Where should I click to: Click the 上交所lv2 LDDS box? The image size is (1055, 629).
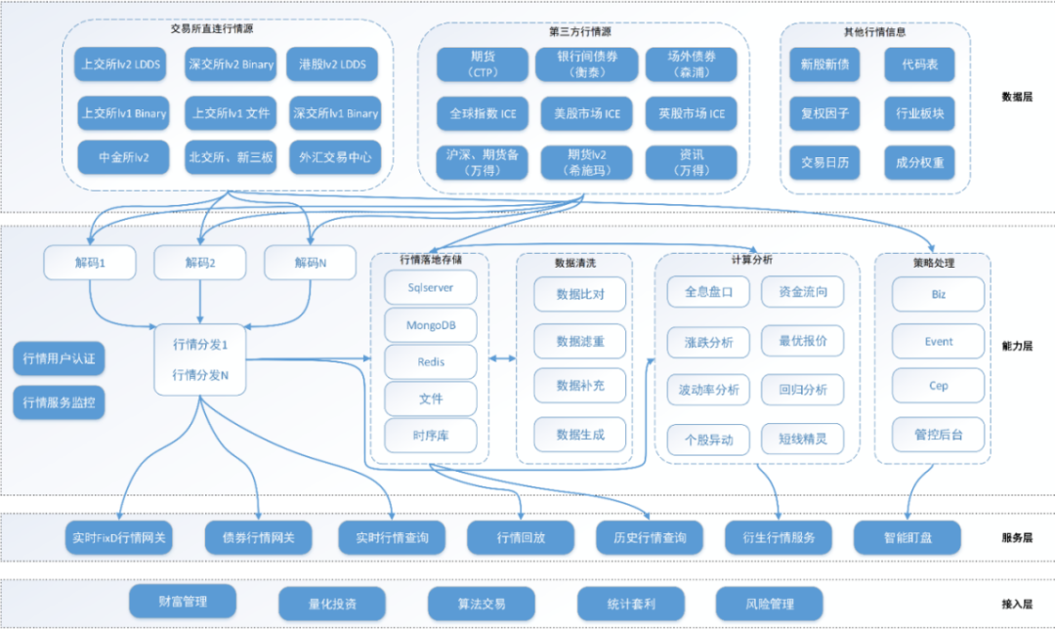coord(122,64)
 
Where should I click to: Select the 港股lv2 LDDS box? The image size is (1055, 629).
coord(333,64)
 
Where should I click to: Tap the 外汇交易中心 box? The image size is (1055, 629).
coord(334,157)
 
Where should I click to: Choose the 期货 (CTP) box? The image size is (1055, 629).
coord(482,64)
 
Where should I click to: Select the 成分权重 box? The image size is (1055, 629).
coord(919,163)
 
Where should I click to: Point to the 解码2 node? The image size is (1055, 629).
coord(200,262)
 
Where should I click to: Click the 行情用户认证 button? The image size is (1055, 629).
coord(58,358)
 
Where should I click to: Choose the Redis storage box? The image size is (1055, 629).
coord(431,361)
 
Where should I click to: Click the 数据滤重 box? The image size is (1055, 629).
coord(579,341)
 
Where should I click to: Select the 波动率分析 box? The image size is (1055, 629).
coord(708,390)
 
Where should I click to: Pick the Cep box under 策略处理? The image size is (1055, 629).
coord(938,386)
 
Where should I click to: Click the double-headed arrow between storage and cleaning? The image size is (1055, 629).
coord(502,359)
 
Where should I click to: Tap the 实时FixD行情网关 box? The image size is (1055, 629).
coord(120,537)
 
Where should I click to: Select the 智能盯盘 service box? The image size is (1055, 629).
coord(907,537)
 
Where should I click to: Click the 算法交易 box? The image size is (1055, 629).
coord(481,604)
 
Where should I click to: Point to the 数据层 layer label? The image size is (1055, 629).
coord(1016,97)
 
